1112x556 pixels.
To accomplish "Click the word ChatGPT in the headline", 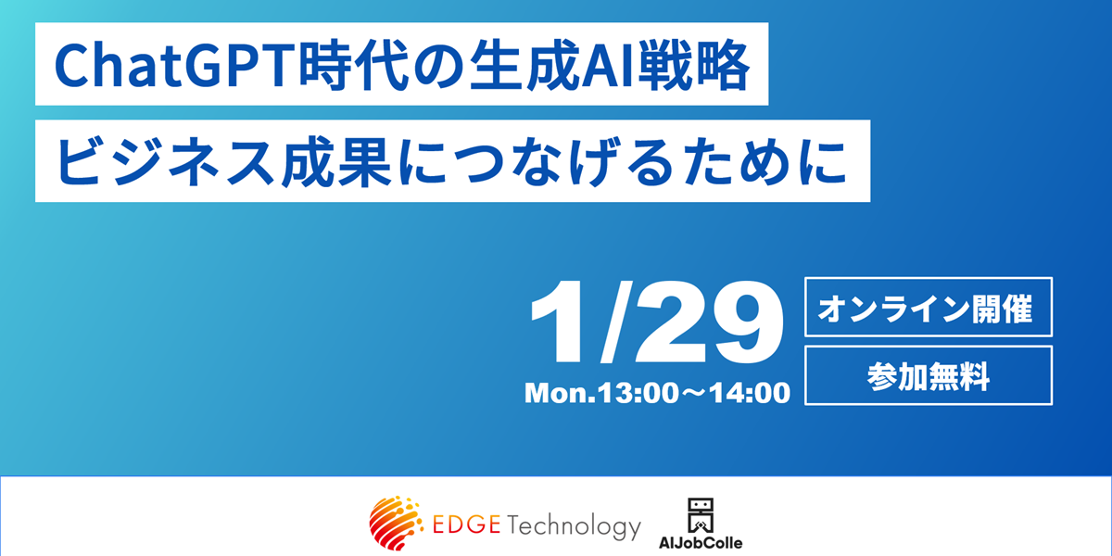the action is pos(175,66).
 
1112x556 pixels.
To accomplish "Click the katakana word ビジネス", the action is pos(166,162).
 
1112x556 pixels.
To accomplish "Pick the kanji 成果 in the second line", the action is pos(335,162).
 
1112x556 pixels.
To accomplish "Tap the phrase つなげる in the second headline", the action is pos(566,162).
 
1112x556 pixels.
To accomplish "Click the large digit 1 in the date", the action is pos(557,322).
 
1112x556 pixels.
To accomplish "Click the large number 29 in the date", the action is pos(708,322).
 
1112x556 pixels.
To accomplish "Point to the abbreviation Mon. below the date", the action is pos(560,393).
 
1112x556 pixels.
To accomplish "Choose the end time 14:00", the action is pos(750,393).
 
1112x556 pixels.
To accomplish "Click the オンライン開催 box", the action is pos(929,307).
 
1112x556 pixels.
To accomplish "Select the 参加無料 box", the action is pos(929,375).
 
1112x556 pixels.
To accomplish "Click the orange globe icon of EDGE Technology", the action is pos(396,523).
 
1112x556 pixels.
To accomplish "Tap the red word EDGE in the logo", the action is pos(466,524).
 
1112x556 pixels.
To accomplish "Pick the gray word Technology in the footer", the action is pos(574,527).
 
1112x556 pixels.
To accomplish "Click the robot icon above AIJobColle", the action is pos(701,515).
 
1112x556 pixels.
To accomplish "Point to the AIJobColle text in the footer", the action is pos(701,543).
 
